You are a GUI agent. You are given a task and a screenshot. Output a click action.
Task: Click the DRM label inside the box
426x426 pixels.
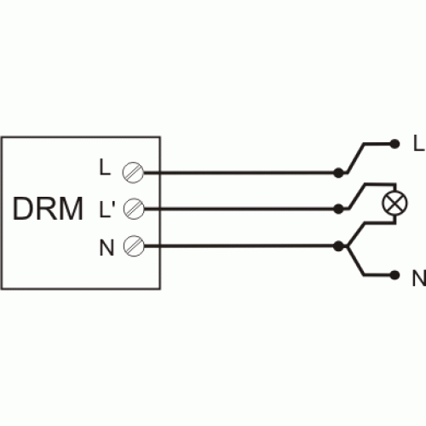coord(48,209)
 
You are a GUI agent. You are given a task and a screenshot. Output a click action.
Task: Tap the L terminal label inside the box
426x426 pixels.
coord(105,167)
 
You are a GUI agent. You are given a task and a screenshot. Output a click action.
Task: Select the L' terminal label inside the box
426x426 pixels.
coord(107,210)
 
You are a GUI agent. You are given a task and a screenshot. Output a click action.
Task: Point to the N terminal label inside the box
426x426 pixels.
coord(106,248)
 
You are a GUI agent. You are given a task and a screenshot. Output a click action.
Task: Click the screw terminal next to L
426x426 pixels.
coord(133,172)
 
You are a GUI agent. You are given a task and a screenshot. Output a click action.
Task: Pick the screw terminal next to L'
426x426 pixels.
coord(134,209)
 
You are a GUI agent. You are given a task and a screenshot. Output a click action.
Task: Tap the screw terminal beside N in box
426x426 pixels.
coord(134,246)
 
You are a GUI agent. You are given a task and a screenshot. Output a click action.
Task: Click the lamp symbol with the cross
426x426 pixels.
coord(394,203)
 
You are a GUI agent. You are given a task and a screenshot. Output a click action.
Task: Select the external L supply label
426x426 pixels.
coord(418,143)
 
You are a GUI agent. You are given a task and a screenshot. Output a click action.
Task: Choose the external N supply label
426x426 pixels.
coord(419,278)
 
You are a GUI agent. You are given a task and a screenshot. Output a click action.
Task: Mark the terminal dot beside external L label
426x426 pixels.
coord(394,144)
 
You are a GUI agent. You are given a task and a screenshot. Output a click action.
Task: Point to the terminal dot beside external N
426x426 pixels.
coord(394,275)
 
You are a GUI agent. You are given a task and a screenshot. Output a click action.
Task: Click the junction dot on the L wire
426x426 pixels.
coord(338,173)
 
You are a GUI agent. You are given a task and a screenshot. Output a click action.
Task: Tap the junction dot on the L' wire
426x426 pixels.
coord(338,209)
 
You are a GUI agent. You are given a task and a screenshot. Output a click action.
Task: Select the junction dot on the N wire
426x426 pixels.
coord(338,246)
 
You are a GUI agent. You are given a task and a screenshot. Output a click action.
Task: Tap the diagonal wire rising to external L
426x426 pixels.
coord(355,158)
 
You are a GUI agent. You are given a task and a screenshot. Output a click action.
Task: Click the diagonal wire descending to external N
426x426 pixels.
coord(355,262)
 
